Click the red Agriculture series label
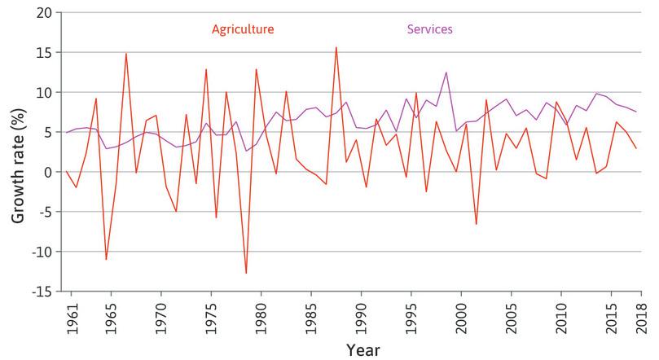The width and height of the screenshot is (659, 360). (x=242, y=29)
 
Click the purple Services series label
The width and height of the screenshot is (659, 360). (x=428, y=29)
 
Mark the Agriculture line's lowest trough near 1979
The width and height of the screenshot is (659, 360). (x=246, y=273)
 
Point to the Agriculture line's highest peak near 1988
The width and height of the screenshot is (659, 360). (x=336, y=47)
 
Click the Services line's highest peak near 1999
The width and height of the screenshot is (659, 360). (x=446, y=72)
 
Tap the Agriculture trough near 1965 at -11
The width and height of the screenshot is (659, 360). (x=106, y=259)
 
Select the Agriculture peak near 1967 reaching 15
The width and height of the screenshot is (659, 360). (x=126, y=54)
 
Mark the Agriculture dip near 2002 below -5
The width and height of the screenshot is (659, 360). (x=477, y=224)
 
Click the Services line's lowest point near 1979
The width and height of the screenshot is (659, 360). (x=246, y=151)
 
